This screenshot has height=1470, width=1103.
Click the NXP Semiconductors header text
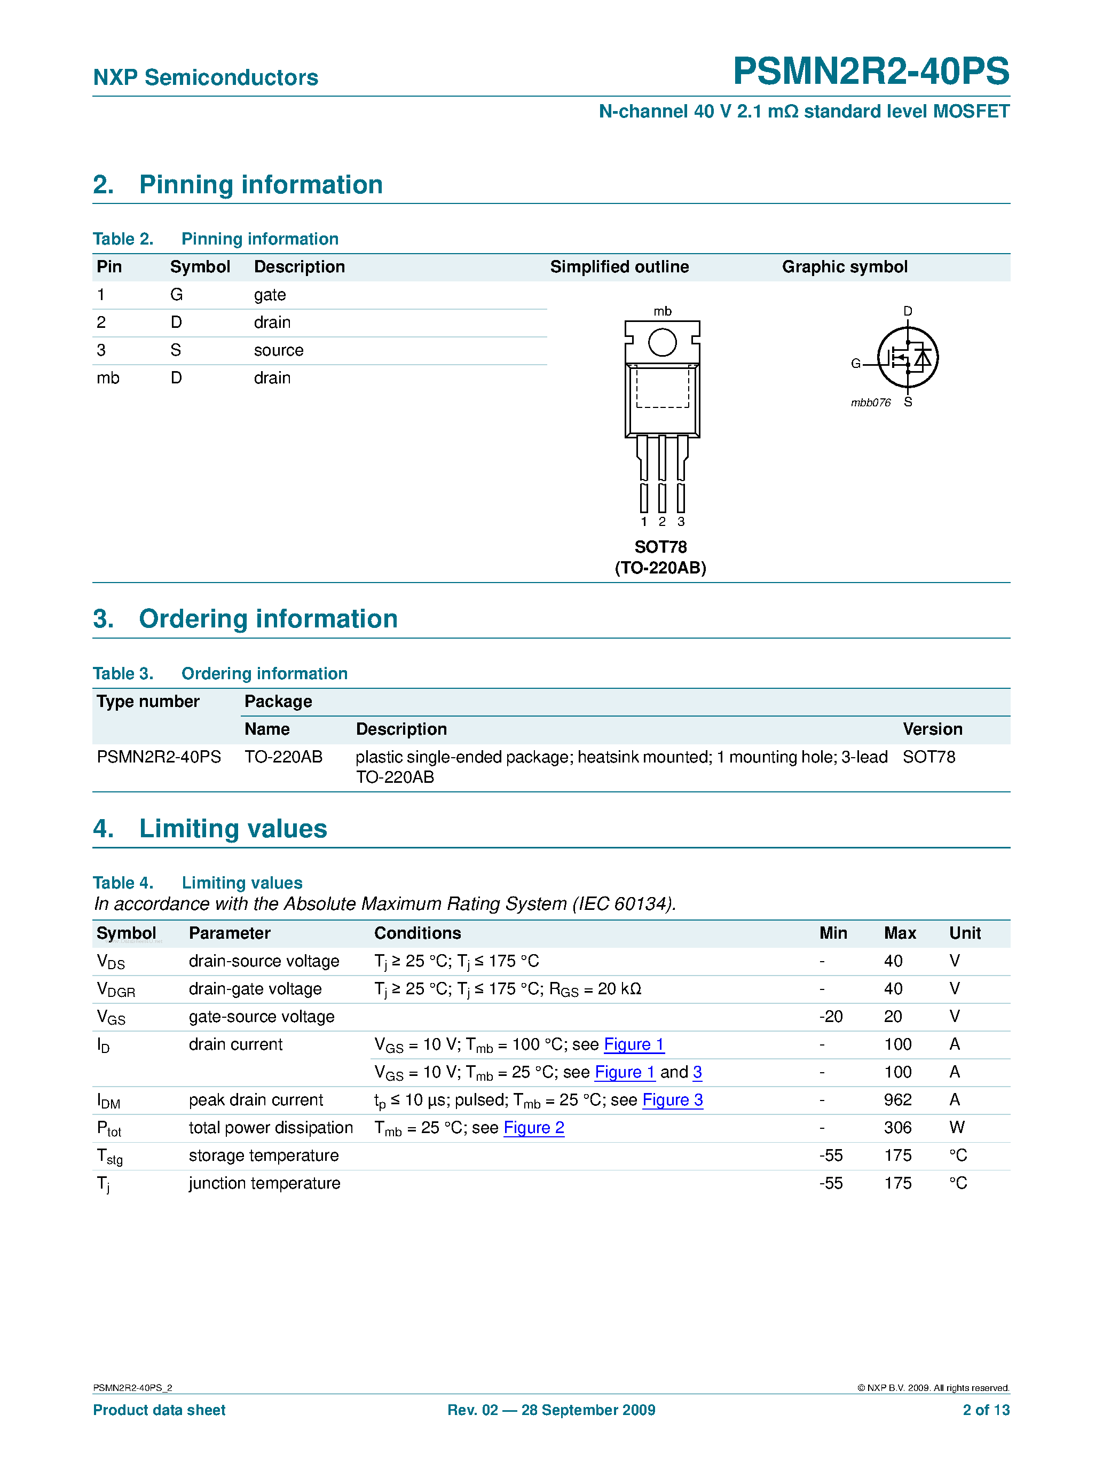[206, 78]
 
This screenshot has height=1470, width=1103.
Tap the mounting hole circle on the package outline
[662, 343]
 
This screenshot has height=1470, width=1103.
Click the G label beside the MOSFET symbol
[856, 364]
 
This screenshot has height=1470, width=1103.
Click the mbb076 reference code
[870, 403]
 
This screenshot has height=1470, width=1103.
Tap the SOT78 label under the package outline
[660, 547]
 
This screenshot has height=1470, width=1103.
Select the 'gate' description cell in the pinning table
[270, 295]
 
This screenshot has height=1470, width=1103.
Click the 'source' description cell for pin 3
[278, 350]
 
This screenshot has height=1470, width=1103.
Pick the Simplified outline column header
[619, 267]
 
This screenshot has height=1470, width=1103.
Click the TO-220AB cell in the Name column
[283, 757]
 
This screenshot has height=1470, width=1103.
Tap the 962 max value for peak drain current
[897, 1100]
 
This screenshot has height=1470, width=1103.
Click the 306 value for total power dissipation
[897, 1128]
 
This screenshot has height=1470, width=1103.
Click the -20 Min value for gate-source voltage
[831, 1017]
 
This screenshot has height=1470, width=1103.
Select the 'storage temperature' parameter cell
[264, 1155]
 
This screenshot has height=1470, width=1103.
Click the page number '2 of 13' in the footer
[986, 1410]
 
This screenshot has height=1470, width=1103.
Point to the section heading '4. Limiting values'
[210, 829]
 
